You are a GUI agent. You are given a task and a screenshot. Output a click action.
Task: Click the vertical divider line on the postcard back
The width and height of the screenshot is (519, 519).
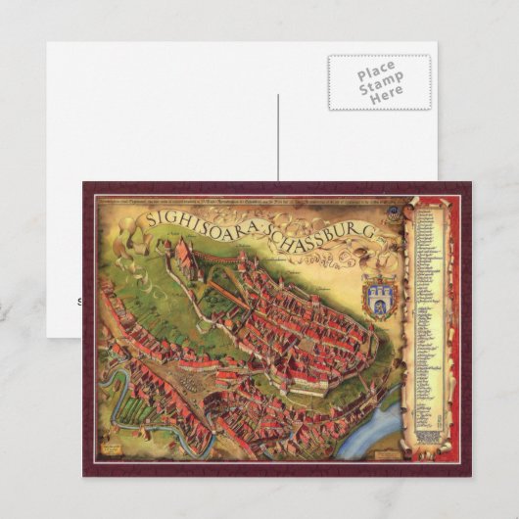(278, 137)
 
